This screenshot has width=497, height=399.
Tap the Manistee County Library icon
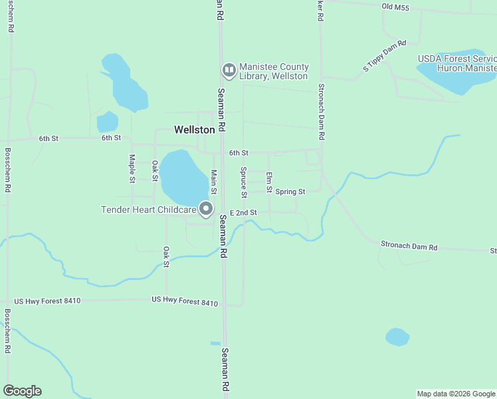229,70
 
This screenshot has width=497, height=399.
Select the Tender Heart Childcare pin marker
206,209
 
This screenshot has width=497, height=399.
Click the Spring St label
290,192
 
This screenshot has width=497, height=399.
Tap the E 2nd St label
243,212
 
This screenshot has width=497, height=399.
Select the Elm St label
269,182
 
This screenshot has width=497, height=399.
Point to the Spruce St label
243,178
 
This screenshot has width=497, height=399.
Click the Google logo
22,391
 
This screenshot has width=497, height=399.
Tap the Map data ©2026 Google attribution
456,394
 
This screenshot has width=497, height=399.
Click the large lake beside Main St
181,178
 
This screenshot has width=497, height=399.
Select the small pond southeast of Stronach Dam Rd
397,337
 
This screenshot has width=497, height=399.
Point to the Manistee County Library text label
274,71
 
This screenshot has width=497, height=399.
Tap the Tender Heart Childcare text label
148,209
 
